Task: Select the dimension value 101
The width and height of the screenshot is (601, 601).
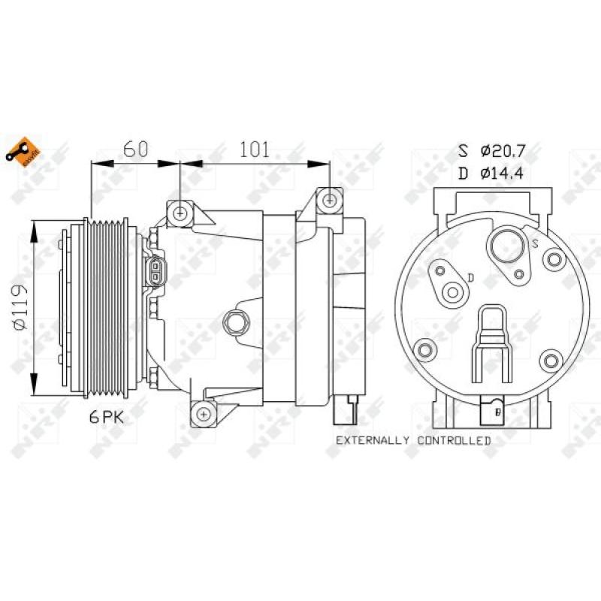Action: (254, 149)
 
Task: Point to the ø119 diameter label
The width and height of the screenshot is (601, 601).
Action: (22, 307)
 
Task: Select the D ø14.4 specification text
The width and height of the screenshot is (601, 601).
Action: (491, 174)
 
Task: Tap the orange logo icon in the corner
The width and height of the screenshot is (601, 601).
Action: (21, 151)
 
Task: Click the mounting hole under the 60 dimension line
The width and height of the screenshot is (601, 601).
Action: (180, 213)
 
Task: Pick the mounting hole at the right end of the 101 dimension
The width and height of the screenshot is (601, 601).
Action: (329, 199)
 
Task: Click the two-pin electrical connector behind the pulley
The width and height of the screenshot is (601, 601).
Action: (155, 271)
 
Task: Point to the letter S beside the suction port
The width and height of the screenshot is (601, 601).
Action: (535, 242)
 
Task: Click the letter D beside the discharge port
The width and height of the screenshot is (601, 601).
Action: (470, 278)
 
